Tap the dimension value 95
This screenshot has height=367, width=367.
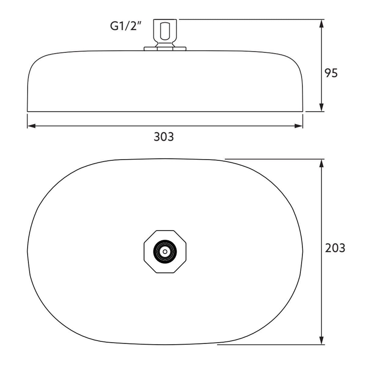[331, 73]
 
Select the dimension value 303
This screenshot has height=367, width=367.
[164, 137]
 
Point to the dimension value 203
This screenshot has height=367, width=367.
[335, 248]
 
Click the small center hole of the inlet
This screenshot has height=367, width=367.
[165, 252]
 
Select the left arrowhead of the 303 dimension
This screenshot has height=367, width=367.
[31, 126]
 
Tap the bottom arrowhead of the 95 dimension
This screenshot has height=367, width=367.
[321, 108]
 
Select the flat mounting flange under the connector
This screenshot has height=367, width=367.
[165, 48]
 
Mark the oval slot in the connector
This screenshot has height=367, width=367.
[165, 31]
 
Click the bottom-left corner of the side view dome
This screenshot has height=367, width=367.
[28, 111]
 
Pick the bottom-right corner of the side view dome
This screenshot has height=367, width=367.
[303, 111]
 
